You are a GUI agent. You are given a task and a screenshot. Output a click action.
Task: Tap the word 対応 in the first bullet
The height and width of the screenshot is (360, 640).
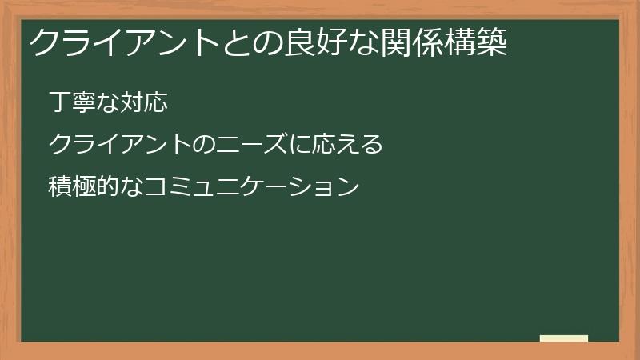(x=143, y=103)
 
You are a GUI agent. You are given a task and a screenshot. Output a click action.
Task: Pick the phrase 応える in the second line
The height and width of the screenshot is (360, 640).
(x=346, y=146)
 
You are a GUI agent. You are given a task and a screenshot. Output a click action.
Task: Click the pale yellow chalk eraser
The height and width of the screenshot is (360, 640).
(x=564, y=338)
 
